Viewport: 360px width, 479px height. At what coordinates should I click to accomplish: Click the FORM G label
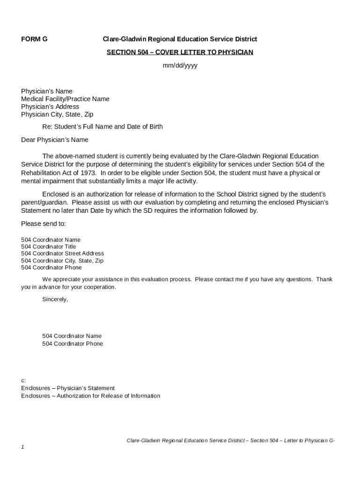[x=34, y=39]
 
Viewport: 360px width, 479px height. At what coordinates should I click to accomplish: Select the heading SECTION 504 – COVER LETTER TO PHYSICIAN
[x=180, y=52]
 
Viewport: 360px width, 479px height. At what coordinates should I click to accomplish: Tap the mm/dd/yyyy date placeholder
[x=180, y=65]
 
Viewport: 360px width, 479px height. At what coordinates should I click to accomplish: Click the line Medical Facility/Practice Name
[x=65, y=99]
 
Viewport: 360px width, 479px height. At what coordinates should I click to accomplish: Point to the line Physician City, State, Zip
[x=58, y=114]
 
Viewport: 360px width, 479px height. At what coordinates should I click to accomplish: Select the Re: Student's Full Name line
[x=102, y=127]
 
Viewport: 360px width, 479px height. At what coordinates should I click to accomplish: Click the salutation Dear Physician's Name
[x=55, y=140]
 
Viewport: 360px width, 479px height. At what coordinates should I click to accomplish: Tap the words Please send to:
[x=43, y=224]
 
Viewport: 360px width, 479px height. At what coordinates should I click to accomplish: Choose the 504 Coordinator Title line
[x=49, y=247]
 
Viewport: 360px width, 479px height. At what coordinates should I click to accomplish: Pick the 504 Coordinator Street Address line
[x=63, y=254]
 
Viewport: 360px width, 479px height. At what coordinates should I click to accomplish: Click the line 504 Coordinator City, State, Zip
[x=62, y=261]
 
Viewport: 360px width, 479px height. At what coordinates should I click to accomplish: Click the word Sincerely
[x=55, y=299]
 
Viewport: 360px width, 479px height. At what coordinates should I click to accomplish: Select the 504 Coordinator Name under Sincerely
[x=72, y=336]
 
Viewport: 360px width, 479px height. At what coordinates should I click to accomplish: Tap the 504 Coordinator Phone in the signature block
[x=72, y=344]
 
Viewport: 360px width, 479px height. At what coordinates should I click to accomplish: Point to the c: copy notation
[x=23, y=381]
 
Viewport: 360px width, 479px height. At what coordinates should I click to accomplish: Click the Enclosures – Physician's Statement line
[x=68, y=388]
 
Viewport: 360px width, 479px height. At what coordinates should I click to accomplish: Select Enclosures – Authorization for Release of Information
[x=91, y=396]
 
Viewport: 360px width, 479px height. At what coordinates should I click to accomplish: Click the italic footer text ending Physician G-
[x=230, y=441]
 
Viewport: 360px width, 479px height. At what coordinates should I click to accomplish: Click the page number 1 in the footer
[x=22, y=447]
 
